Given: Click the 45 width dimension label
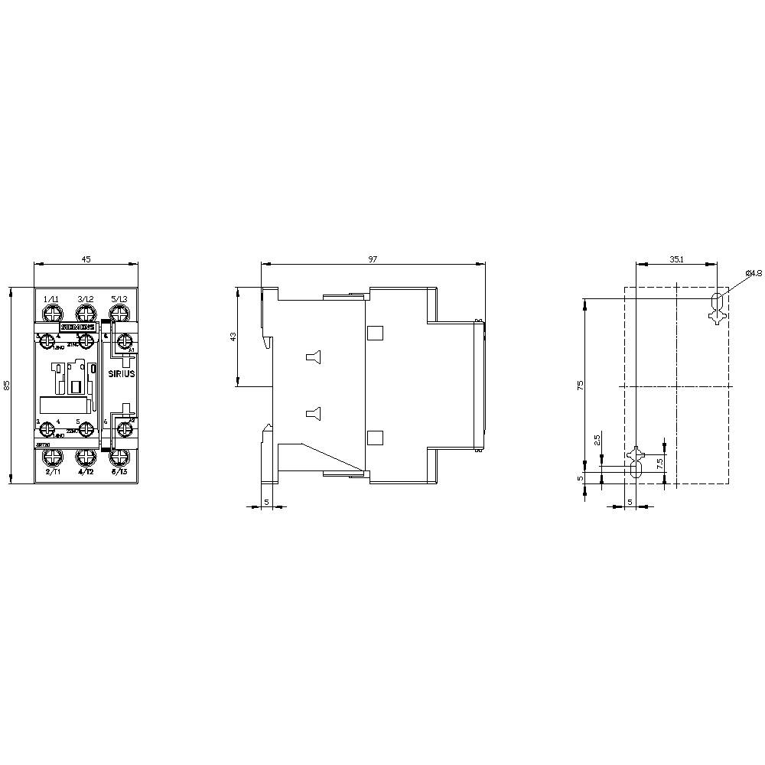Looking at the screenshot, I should coord(86,260).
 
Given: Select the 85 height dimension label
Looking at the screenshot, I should coord(6,386).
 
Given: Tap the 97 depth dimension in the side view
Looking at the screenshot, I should coord(373,260).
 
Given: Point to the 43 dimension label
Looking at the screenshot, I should coord(233,337).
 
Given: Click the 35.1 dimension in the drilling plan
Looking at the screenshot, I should coord(677,260).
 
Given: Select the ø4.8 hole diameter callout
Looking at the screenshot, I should coord(753,273).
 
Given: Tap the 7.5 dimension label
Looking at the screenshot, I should coord(659,463).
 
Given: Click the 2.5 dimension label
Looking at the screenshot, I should coord(597,441).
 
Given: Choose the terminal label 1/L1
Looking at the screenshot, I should coord(51,298).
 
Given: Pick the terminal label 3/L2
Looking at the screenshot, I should coord(85,298).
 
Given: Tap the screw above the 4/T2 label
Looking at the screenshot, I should coord(86,458).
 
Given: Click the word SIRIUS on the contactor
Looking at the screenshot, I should coord(121,374).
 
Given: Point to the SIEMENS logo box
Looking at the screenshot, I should coord(79,326).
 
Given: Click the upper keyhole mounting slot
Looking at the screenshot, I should coord(717,306).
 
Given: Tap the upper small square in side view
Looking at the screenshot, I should coord(374,333).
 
